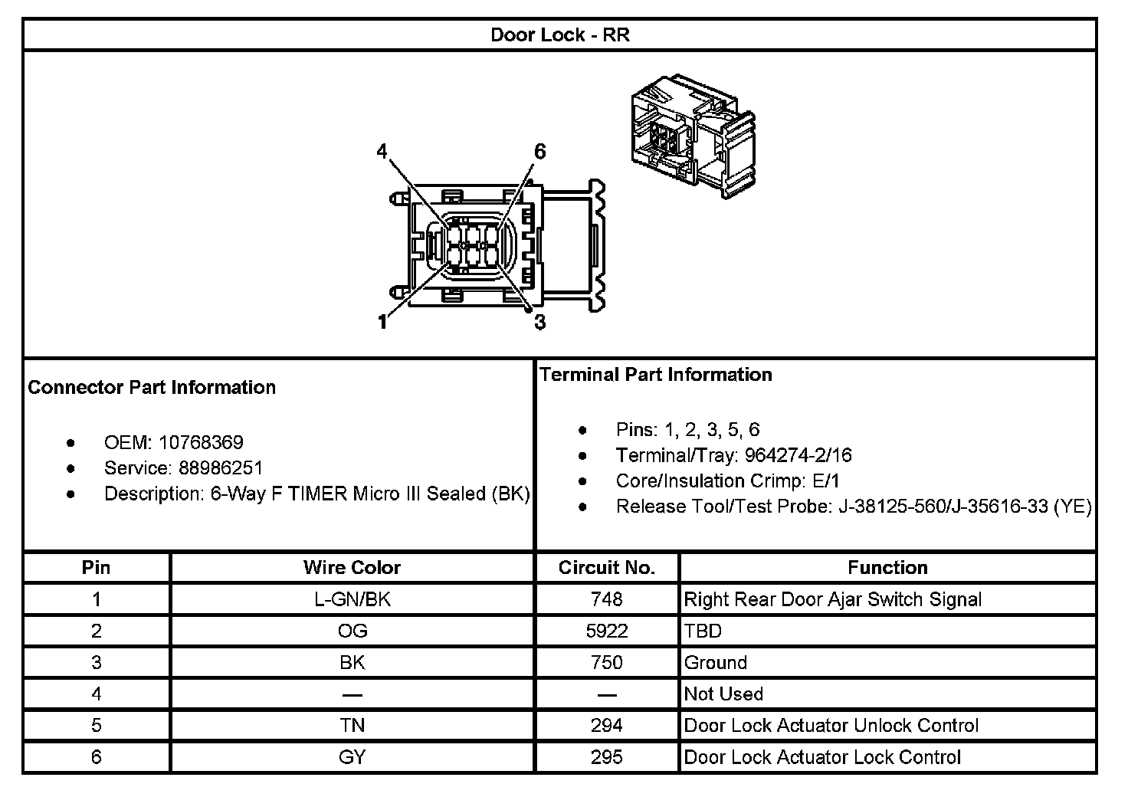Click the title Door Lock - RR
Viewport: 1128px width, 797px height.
[x=559, y=35]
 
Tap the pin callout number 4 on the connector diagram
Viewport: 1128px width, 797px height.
[x=382, y=152]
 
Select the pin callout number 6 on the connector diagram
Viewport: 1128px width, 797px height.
[x=539, y=152]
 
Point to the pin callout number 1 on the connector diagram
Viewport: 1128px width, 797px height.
[x=382, y=322]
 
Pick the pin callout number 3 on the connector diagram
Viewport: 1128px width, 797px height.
[x=539, y=323]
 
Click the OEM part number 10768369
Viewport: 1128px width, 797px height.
[x=201, y=442]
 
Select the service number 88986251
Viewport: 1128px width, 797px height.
[x=221, y=468]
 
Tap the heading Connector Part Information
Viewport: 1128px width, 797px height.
[x=152, y=387]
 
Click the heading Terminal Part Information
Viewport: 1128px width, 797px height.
[x=656, y=375]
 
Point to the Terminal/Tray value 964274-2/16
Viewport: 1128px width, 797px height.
[x=798, y=455]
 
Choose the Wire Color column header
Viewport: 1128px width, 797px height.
[x=352, y=568]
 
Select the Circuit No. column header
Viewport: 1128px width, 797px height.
[x=606, y=568]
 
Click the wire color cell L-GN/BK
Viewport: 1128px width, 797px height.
[x=352, y=599]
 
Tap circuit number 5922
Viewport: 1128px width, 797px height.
[x=606, y=631]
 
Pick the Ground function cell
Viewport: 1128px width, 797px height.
[x=715, y=662]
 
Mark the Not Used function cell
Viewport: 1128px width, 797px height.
[x=723, y=694]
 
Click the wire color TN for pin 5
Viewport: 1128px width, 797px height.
[x=352, y=726]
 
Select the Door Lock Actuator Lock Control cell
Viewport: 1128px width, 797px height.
[x=821, y=757]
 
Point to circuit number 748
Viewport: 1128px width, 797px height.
[x=606, y=599]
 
